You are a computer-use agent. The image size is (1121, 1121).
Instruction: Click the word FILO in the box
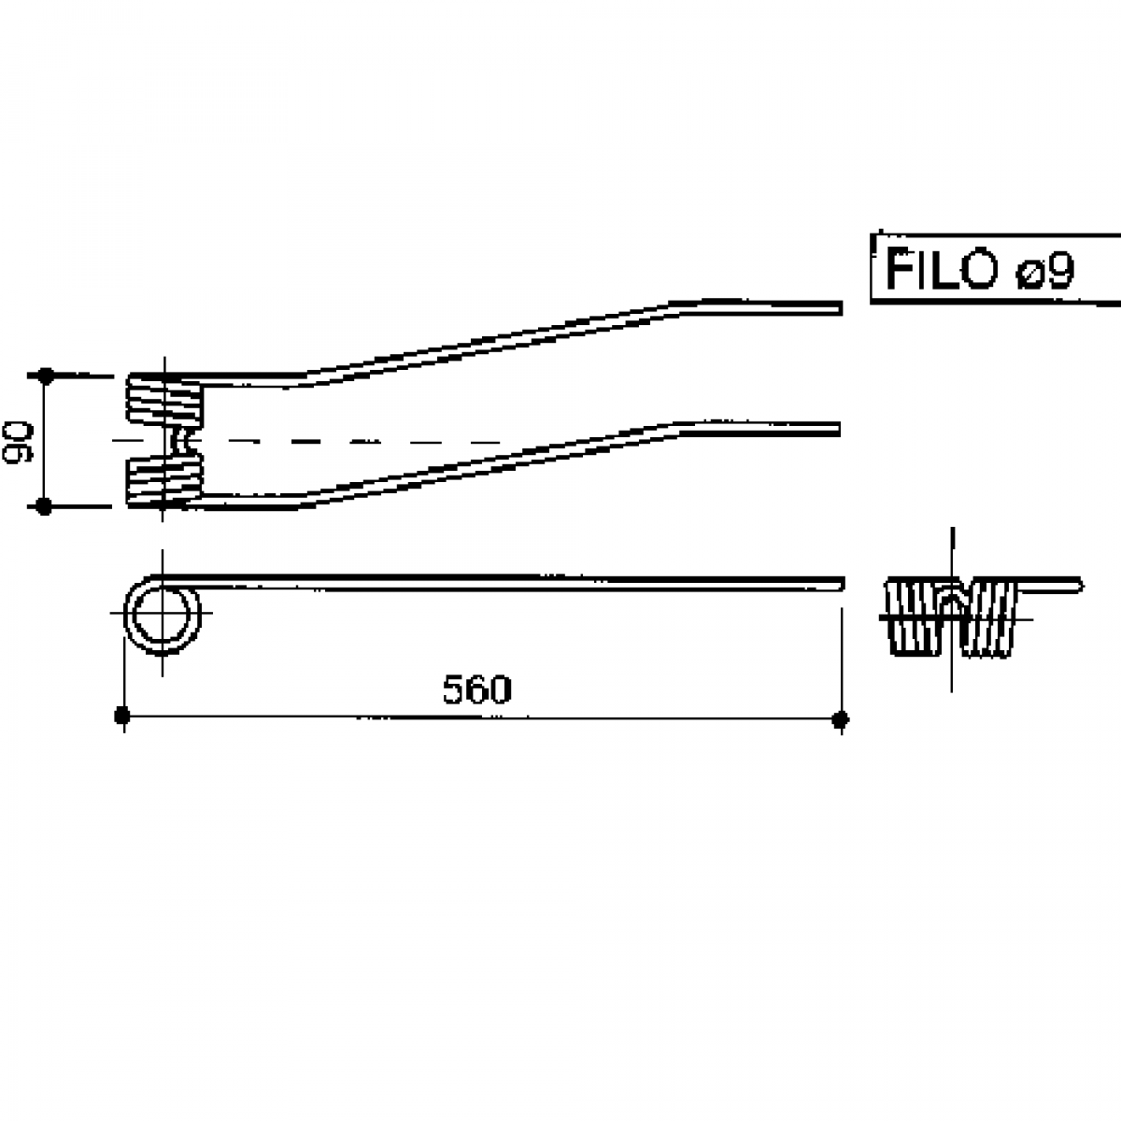941,269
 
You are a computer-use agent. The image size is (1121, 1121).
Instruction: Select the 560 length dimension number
477,690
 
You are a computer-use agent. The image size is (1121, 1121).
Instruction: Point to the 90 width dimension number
18,443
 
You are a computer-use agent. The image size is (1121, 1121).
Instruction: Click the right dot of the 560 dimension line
841,719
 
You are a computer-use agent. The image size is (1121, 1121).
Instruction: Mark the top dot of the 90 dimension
46,376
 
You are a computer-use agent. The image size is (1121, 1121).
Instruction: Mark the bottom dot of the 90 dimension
44,506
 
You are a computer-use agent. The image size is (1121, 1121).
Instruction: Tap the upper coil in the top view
164,399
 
